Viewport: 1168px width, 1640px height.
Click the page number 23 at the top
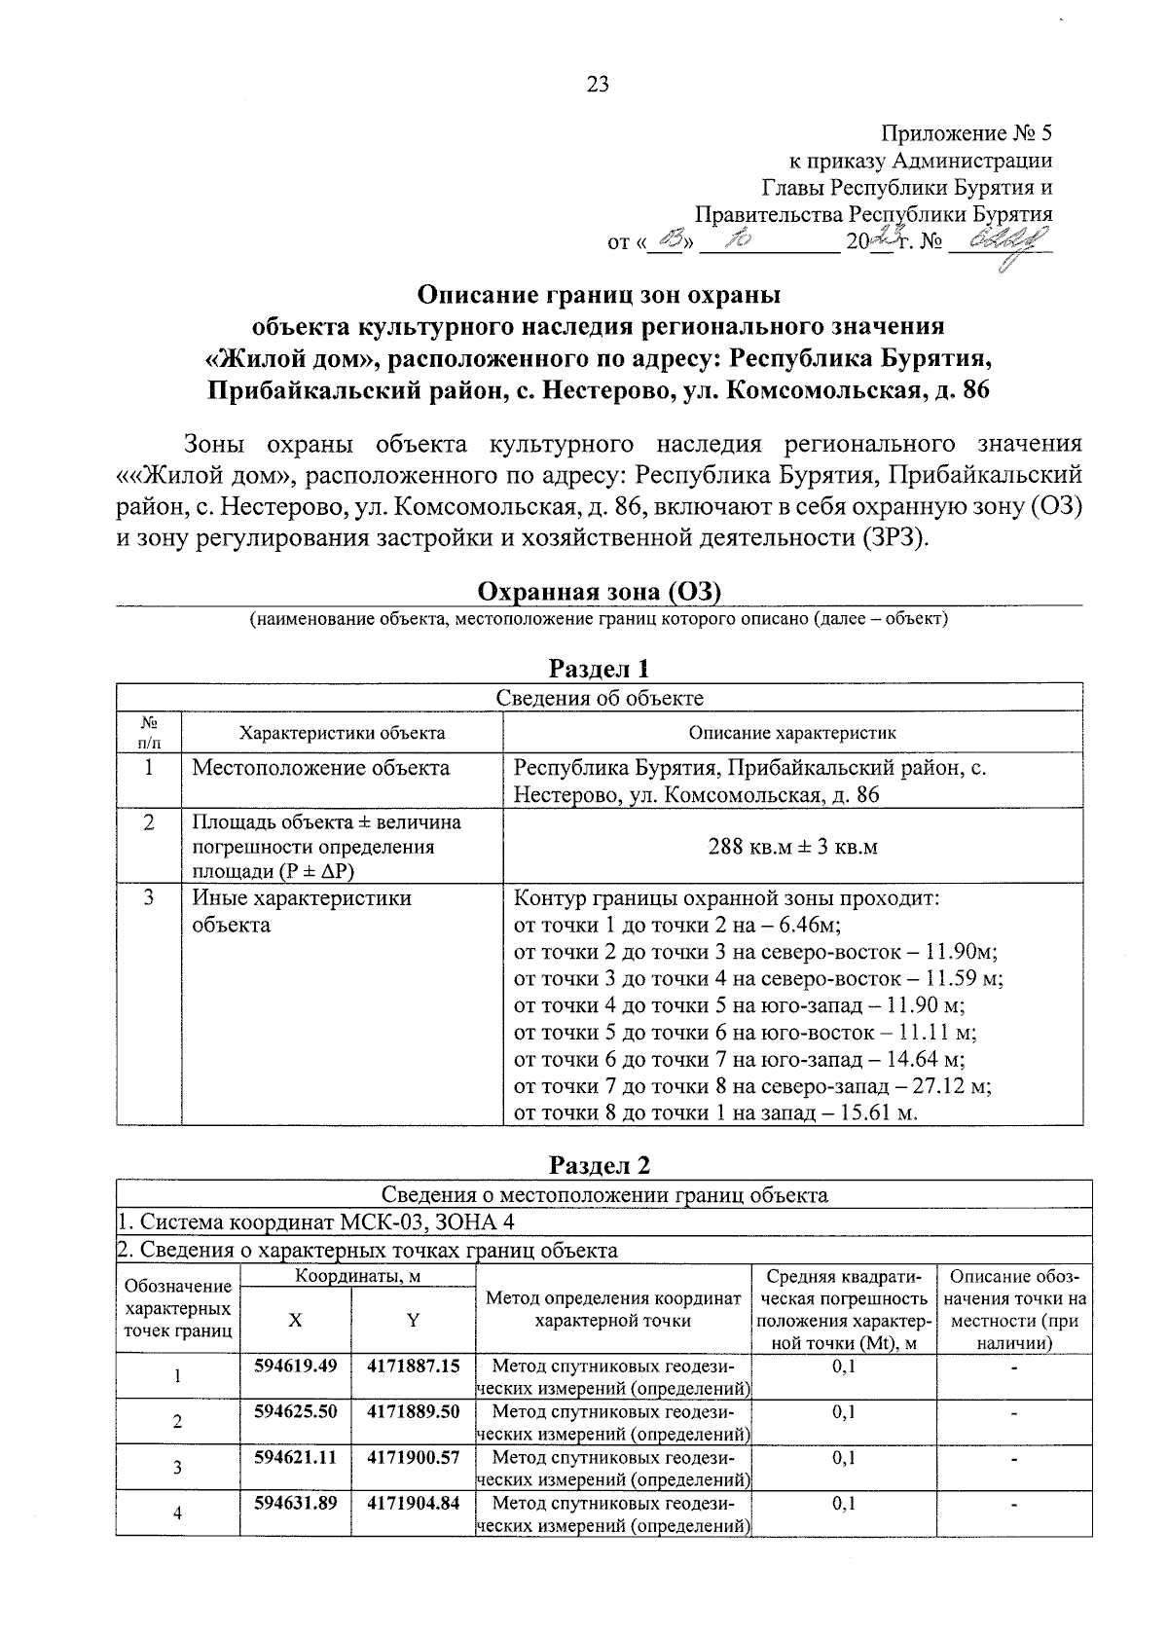[598, 85]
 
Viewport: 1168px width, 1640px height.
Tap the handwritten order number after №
[1004, 238]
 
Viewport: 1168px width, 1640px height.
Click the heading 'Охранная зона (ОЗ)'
[599, 592]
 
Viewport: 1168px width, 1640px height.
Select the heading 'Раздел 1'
[599, 669]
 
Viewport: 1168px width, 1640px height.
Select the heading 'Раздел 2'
[599, 1165]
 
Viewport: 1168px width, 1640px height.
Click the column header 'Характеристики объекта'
[343, 733]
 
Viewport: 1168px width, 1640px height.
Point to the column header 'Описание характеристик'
[792, 733]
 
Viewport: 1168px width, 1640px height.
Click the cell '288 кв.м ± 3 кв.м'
[792, 847]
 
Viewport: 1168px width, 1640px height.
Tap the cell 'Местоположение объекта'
[321, 768]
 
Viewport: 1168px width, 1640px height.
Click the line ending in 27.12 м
[751, 1086]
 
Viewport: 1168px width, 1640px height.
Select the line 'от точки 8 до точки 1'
[715, 1112]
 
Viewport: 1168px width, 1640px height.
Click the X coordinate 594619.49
[296, 1366]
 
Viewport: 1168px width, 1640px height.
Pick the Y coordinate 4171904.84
[414, 1502]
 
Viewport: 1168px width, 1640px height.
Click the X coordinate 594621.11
[296, 1457]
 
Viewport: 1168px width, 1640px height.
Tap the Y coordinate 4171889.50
[414, 1411]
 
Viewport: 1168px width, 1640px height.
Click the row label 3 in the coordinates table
[177, 1467]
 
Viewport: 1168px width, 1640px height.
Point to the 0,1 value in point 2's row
[844, 1411]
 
